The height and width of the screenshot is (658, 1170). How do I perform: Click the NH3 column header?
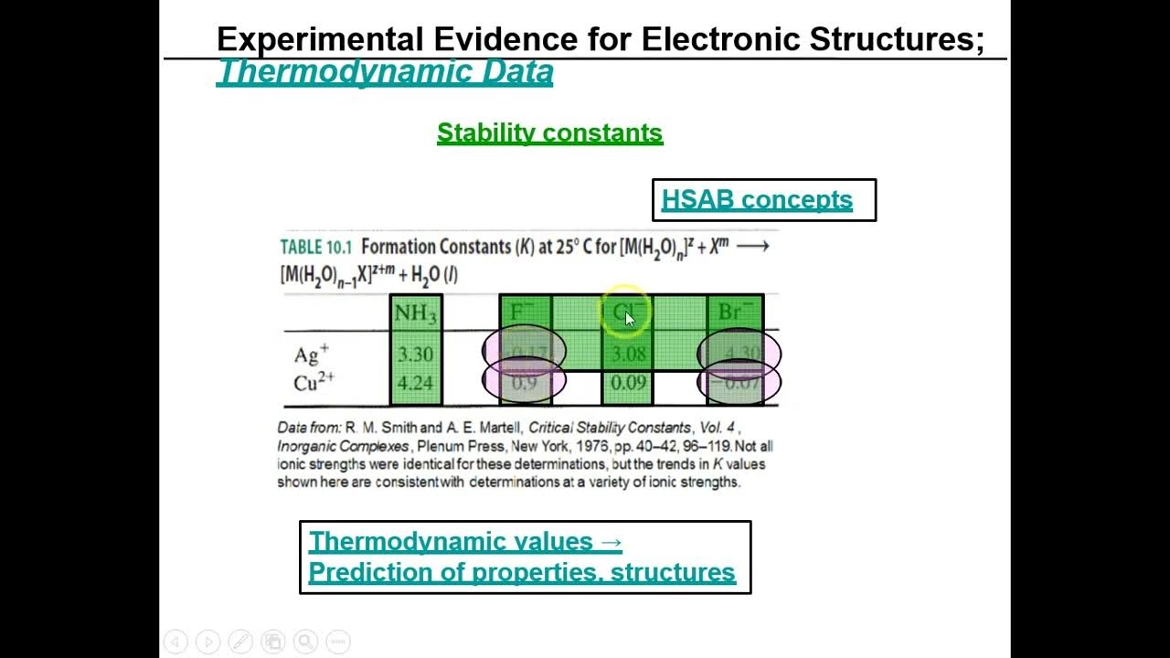coord(415,313)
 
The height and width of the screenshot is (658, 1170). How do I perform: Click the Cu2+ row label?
coord(314,383)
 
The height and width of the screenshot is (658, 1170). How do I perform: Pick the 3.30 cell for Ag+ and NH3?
coord(415,355)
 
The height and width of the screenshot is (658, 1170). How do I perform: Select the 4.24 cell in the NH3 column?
coord(415,383)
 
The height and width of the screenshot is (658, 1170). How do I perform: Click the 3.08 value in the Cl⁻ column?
coord(628,355)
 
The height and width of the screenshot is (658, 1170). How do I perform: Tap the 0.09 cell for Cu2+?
coord(628,383)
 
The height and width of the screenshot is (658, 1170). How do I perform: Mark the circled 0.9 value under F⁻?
coord(524,383)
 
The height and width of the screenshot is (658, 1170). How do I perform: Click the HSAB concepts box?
coord(763,200)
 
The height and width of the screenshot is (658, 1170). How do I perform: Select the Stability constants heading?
coord(549,133)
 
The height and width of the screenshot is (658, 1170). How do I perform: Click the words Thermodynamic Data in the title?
coord(385,72)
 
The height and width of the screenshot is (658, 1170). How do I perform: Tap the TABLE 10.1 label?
coord(314,247)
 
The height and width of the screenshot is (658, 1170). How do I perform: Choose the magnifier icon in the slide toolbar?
coord(305,642)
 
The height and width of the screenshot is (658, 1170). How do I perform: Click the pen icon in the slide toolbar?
coord(240,642)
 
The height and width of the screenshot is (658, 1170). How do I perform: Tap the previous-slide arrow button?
coord(175,642)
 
